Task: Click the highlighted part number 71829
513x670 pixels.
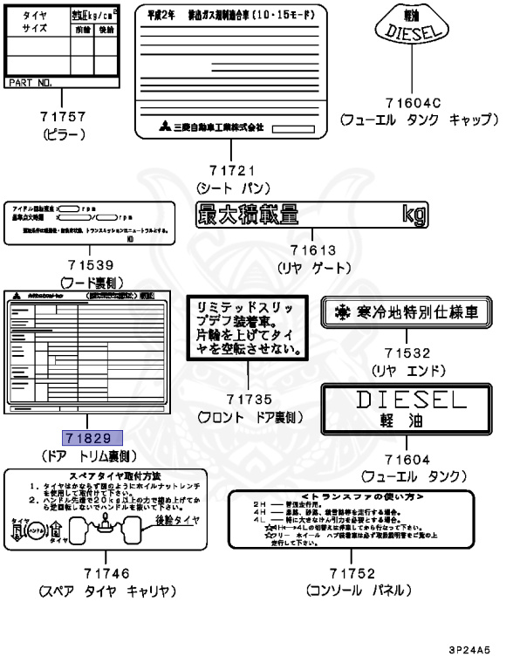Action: tap(91, 437)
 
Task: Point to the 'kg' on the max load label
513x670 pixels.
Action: tap(414, 212)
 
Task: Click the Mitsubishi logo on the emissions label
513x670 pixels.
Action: tap(165, 127)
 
